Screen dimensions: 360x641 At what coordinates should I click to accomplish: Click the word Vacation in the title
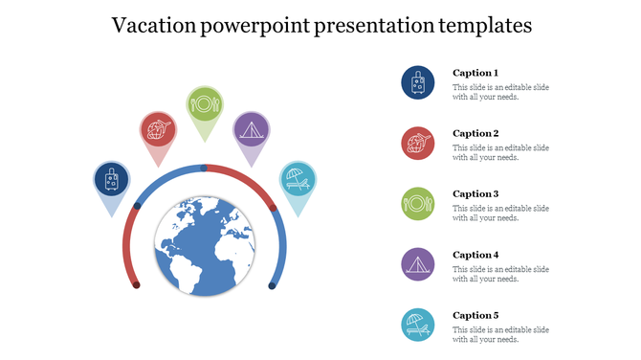pos(154,26)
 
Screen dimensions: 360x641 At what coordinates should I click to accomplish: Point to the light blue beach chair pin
pos(298,179)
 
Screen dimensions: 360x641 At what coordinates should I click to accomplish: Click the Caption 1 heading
pos(475,73)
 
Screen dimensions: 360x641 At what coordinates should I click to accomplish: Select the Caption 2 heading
pos(475,133)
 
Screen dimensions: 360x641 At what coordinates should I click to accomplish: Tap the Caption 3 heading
pos(475,194)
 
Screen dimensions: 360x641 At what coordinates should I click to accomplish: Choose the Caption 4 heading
pos(475,255)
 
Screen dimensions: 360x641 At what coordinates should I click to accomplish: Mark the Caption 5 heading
pos(475,315)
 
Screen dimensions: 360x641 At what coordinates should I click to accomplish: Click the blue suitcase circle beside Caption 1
pos(418,83)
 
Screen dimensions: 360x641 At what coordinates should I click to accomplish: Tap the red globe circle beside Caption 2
pos(418,144)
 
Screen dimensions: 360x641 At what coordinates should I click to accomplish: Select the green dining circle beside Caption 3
pos(418,204)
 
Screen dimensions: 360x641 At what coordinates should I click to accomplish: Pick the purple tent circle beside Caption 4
pos(418,264)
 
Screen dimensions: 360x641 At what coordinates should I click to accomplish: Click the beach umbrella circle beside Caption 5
pos(418,325)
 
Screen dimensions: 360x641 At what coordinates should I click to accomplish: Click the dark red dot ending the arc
pos(137,284)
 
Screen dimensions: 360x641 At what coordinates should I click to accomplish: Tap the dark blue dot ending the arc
pos(273,284)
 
